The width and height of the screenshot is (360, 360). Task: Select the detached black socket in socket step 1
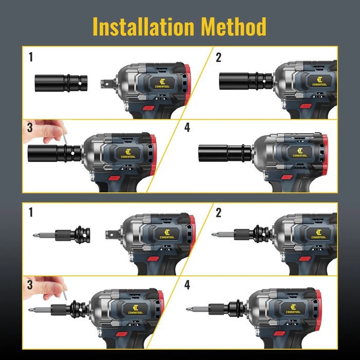click(61, 81)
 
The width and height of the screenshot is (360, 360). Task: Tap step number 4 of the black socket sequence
click(187, 127)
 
